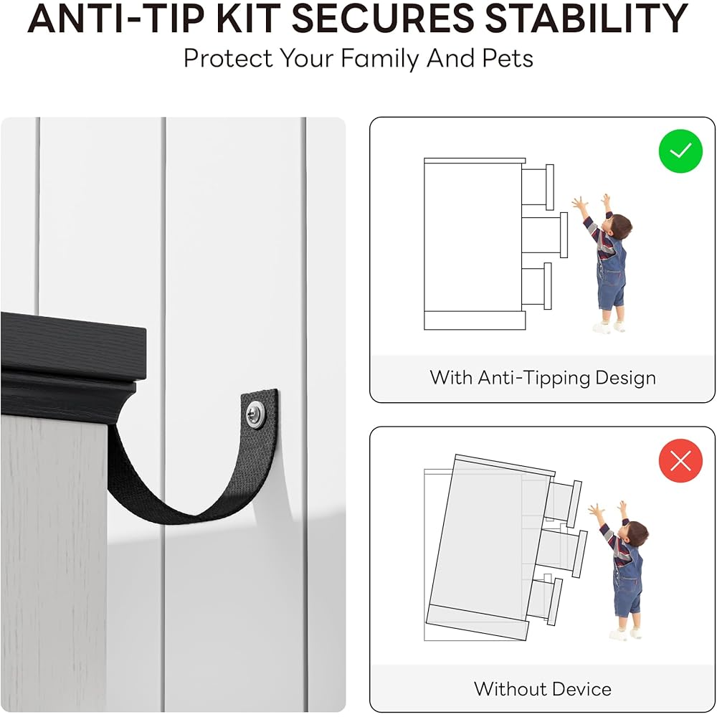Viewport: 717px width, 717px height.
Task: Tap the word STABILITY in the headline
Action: tap(587, 19)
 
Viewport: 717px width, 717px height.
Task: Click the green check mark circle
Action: tap(680, 151)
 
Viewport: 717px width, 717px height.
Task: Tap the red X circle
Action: tap(680, 461)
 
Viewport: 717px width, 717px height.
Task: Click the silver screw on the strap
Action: tap(255, 414)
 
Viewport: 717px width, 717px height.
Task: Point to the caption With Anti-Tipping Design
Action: tap(543, 378)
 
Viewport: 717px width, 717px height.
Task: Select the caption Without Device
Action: tap(543, 688)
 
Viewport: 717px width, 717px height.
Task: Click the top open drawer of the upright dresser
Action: tap(538, 185)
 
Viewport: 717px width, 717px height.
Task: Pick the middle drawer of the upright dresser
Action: tap(545, 235)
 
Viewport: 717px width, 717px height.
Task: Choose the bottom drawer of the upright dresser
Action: tap(536, 286)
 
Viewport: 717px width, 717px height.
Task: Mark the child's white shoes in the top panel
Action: tap(609, 326)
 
